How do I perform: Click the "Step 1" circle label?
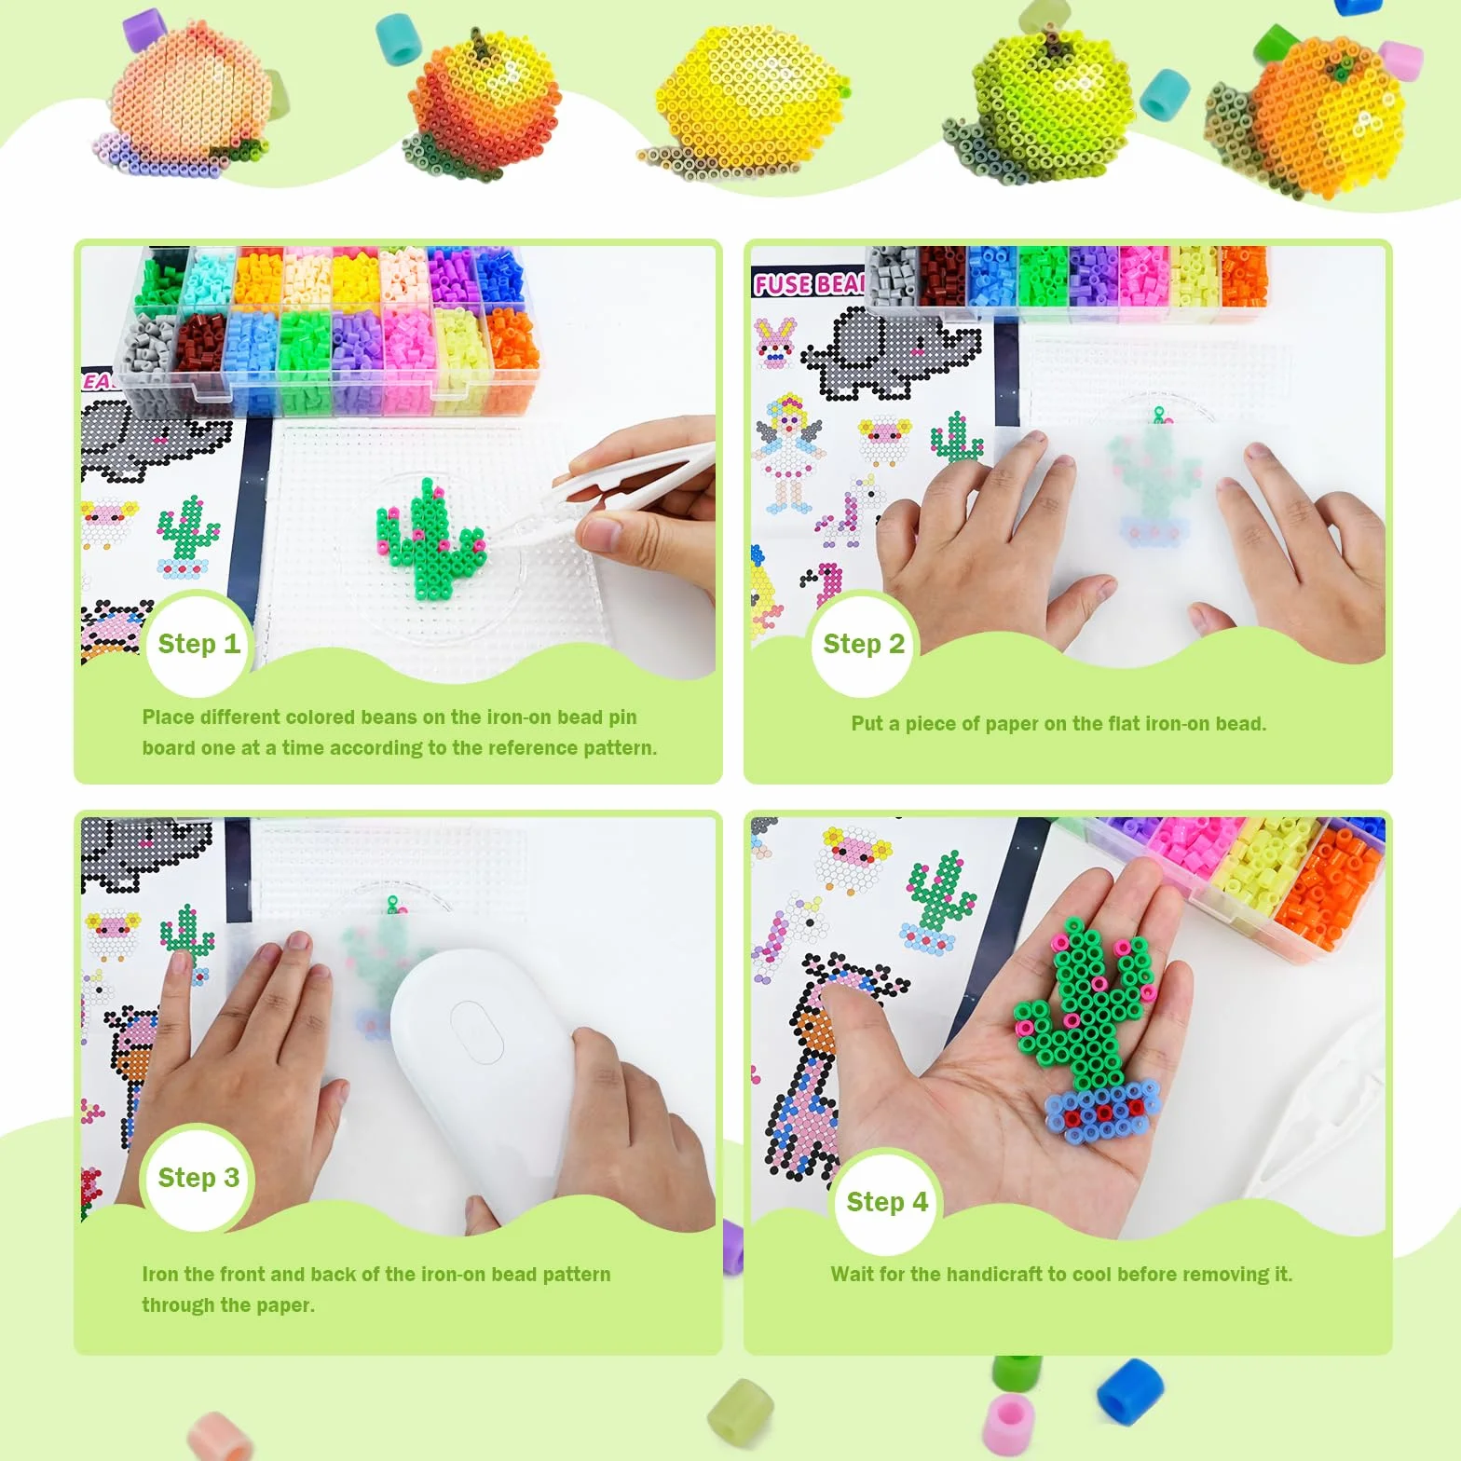point(198,645)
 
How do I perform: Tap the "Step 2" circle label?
point(863,645)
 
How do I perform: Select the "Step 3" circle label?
point(198,1178)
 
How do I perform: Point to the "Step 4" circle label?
point(886,1202)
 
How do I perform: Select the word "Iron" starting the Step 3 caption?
point(160,1274)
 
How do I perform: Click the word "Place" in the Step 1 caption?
point(168,717)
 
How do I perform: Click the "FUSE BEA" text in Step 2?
point(809,283)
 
